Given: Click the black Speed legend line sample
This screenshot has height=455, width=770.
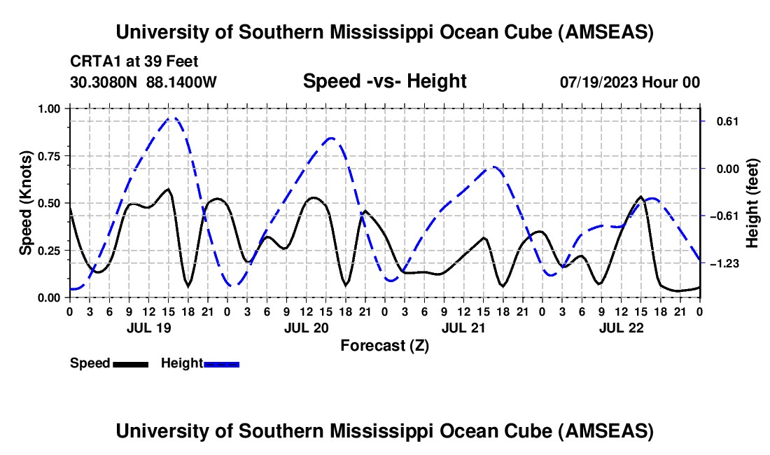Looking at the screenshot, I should point(131,364).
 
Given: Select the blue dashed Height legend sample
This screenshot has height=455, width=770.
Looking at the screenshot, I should point(221,364).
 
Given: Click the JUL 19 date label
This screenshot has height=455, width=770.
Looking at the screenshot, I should point(148,327).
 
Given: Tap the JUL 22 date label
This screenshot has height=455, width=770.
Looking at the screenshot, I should point(621,327).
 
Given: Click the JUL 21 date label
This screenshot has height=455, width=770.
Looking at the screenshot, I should point(463,327).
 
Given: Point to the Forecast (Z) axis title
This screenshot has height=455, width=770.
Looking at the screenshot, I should point(385,345).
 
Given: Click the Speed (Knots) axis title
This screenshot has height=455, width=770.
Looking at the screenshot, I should point(25,203).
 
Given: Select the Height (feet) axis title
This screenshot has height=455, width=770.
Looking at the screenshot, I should point(752,203).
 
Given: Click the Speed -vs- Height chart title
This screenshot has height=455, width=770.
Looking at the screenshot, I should point(384,81).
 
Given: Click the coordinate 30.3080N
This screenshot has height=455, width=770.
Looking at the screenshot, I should point(104,82).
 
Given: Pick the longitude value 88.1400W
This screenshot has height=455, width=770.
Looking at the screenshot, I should point(182,82).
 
